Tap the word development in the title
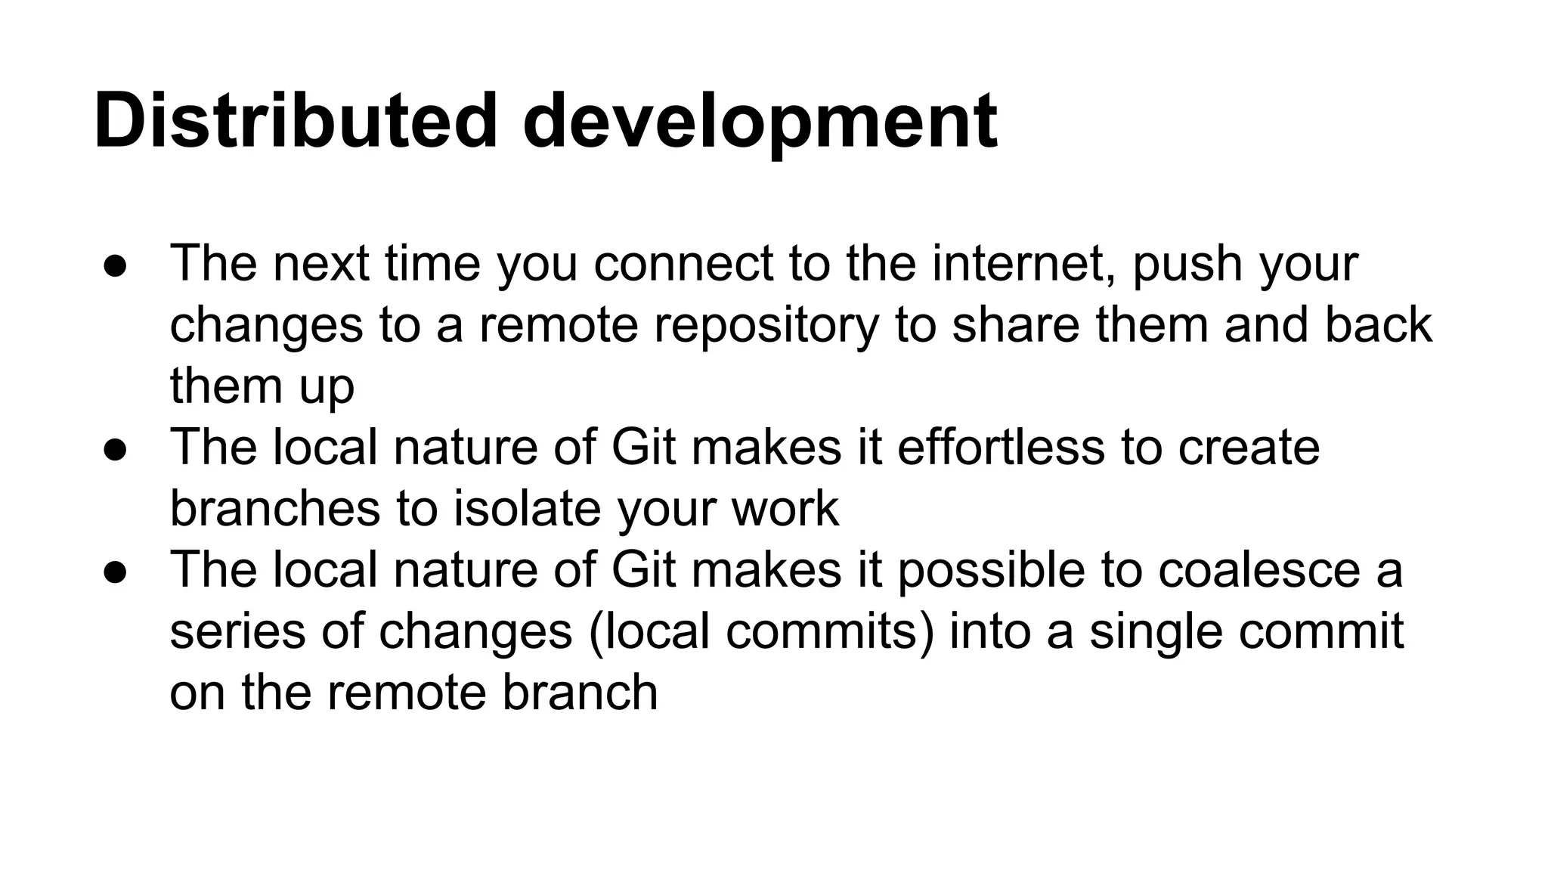pyautogui.click(x=760, y=121)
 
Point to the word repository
pyautogui.click(x=766, y=326)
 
